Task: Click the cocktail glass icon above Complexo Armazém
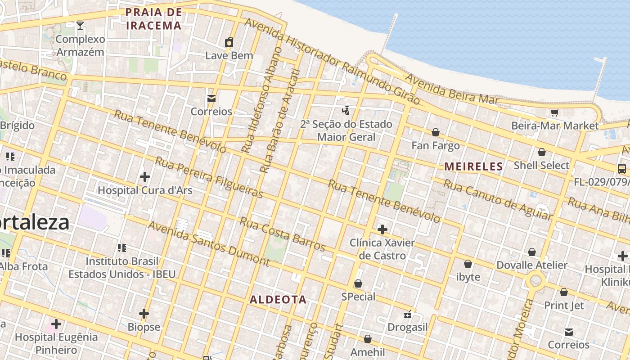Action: coord(80,26)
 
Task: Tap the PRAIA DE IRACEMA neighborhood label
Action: coord(154,19)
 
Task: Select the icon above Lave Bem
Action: coord(229,43)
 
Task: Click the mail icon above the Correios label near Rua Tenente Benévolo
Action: coord(211,99)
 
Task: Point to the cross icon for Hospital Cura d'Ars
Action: coord(144,177)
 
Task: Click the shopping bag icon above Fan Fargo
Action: coord(436,132)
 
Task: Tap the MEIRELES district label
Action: coord(473,166)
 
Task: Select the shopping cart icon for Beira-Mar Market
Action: coord(554,112)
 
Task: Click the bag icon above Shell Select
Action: coord(542,152)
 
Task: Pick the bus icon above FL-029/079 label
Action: coord(621,169)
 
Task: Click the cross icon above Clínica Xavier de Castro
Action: coord(382,229)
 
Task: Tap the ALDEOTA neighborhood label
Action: coord(278,300)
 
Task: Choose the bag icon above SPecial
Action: coord(358,283)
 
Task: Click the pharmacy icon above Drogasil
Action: coord(408,314)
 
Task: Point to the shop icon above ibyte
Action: coord(468,264)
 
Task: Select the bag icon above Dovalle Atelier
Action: coord(532,252)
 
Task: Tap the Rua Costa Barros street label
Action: coord(282,234)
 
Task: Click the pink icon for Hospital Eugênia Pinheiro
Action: coord(56,324)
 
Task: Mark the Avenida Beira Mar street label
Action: coord(451,89)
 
